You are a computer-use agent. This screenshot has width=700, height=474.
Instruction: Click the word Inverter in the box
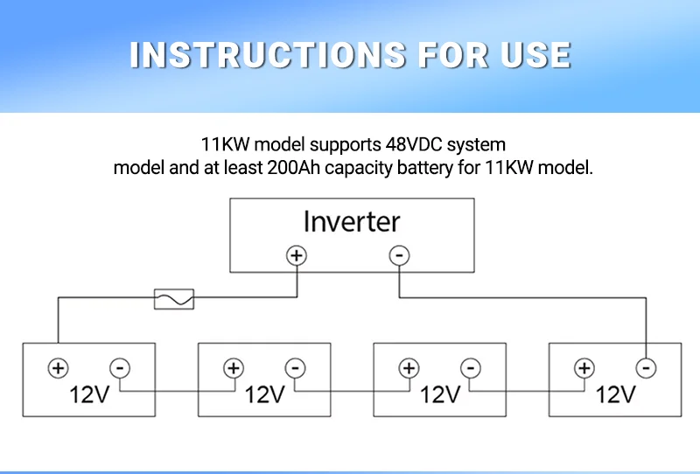[x=352, y=221]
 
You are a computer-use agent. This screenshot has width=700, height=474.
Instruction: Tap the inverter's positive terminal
[x=297, y=255]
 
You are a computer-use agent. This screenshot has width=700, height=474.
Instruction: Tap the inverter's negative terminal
[x=399, y=255]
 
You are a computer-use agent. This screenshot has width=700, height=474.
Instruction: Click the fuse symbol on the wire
[x=173, y=299]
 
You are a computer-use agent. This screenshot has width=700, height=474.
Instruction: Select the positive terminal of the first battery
[x=58, y=368]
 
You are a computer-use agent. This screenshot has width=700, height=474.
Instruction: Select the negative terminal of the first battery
[x=120, y=368]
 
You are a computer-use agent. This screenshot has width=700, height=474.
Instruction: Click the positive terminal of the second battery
[x=233, y=368]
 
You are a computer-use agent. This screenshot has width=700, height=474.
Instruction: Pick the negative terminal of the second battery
[x=296, y=368]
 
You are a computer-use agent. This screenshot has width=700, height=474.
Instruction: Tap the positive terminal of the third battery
[x=409, y=368]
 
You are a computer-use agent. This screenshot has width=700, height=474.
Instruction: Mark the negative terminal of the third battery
[x=471, y=368]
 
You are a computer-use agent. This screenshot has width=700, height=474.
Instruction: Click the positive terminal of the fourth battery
[x=584, y=368]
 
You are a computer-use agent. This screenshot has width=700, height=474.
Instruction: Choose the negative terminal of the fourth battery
[x=646, y=368]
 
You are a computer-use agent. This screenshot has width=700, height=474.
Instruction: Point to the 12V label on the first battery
[x=89, y=394]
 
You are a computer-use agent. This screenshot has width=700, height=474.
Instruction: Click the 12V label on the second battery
[x=264, y=394]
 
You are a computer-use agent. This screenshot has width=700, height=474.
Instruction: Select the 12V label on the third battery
[x=439, y=394]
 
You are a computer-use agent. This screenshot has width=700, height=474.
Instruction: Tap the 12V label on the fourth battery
[x=614, y=394]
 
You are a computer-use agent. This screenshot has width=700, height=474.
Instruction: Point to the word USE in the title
[x=535, y=54]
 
